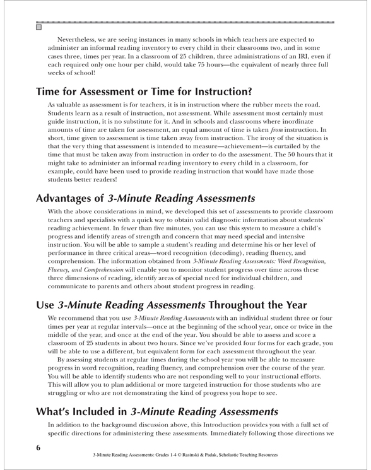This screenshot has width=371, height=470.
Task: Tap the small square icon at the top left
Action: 38,27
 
